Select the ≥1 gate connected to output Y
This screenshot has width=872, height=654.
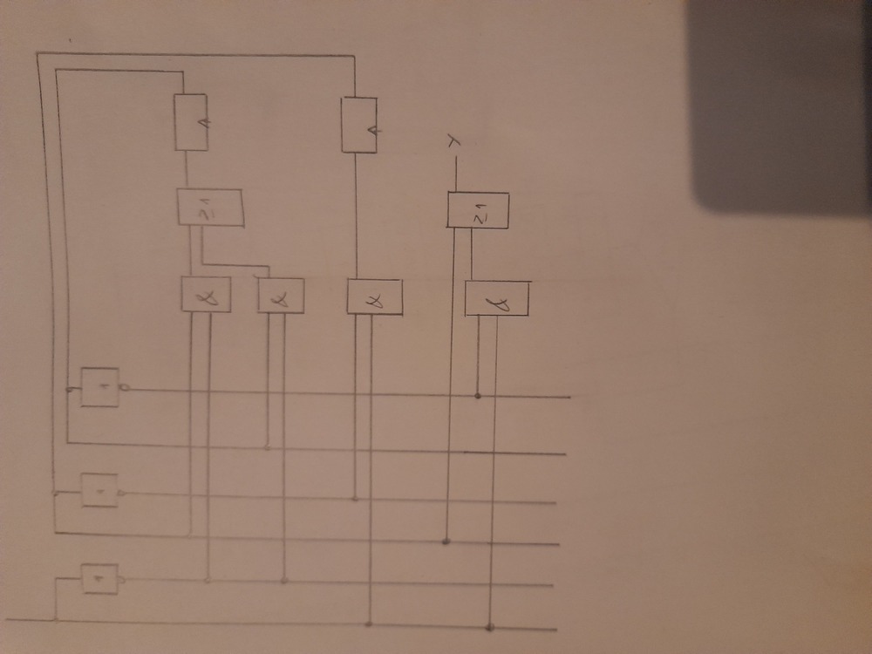(477, 210)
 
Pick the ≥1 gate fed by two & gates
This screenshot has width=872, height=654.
(209, 208)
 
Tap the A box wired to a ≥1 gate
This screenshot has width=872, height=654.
(192, 122)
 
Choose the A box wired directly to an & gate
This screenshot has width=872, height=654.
(357, 125)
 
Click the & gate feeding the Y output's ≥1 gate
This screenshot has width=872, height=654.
(497, 298)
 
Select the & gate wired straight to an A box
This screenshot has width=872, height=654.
(374, 296)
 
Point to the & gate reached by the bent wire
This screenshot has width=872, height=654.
(281, 296)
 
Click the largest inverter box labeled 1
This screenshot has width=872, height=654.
(100, 386)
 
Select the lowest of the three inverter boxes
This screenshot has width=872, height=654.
(99, 578)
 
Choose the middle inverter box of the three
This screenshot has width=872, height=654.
(99, 490)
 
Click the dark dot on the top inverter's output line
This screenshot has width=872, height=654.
(477, 396)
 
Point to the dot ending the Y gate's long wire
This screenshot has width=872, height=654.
(446, 542)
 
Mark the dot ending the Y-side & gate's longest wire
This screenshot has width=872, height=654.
(490, 626)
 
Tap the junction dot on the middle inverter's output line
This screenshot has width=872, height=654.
(355, 499)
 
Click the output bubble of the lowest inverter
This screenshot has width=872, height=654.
(121, 579)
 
